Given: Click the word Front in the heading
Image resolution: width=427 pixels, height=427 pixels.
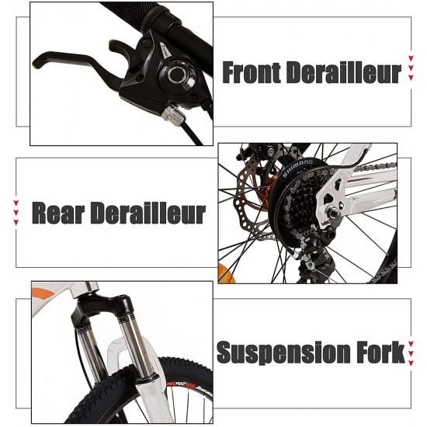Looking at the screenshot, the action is click(x=252, y=72).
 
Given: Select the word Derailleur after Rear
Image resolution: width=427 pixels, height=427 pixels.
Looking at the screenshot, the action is click(x=148, y=213).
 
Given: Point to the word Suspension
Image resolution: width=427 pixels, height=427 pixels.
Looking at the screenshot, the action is click(x=283, y=353).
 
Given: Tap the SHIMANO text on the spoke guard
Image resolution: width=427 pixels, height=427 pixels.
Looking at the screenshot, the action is click(x=297, y=168).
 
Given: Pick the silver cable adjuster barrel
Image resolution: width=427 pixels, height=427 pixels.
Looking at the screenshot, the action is click(x=173, y=113).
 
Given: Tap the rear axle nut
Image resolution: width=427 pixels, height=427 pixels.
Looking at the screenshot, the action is click(x=333, y=212).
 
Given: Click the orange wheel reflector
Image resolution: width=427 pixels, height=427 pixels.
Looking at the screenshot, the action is click(x=226, y=273).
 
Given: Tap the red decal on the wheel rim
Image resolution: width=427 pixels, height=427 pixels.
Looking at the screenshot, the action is click(x=183, y=385).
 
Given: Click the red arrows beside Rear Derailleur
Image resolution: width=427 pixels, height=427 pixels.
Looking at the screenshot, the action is click(x=16, y=213).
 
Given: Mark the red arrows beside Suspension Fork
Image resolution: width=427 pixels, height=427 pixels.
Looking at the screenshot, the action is click(x=411, y=353).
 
